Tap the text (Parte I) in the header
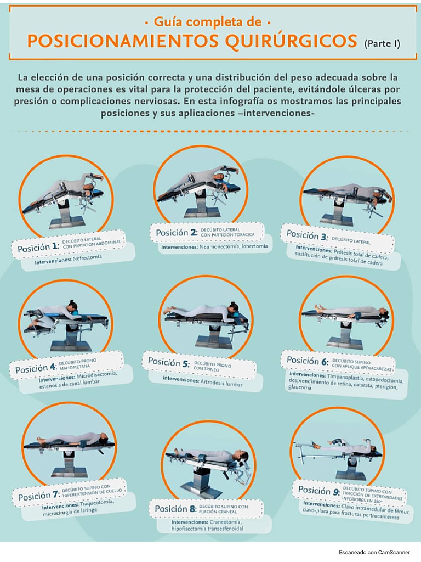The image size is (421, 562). [x=382, y=44]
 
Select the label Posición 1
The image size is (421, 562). [x=38, y=247]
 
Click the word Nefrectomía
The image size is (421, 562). [x=87, y=258]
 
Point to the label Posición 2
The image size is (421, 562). [x=177, y=232]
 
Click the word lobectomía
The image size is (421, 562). [x=254, y=246]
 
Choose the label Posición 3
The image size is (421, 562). [x=307, y=235]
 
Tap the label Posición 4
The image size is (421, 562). [x=36, y=368]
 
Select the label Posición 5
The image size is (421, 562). [x=169, y=362]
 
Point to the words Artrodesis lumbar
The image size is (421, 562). [x=221, y=383]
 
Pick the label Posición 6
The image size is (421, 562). [x=308, y=360]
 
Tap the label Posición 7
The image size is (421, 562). [x=39, y=496]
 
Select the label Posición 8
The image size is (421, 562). [x=176, y=509]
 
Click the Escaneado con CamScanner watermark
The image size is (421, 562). [x=374, y=552]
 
